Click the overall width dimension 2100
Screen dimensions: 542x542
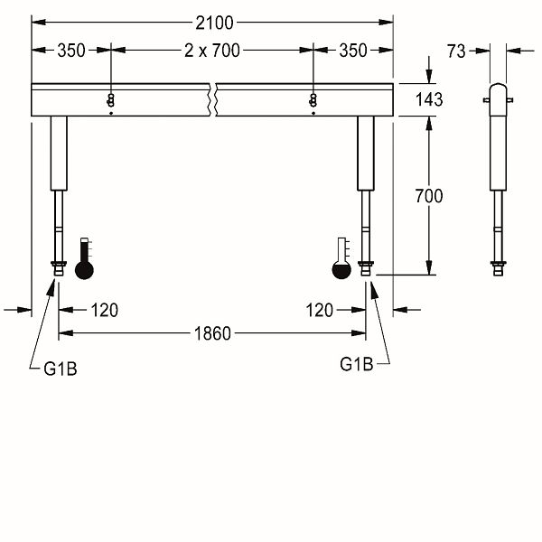tap(214, 23)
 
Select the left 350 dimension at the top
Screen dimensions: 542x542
tap(71, 51)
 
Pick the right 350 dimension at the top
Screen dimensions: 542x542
tap(353, 51)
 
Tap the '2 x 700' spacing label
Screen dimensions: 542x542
tap(212, 51)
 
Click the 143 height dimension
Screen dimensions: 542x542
tap(429, 99)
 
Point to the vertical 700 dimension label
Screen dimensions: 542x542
tap(429, 196)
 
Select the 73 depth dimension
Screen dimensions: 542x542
tap(456, 51)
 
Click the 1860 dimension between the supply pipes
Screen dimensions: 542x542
tap(212, 333)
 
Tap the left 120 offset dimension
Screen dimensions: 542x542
tap(105, 310)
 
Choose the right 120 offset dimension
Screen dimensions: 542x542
tap(320, 310)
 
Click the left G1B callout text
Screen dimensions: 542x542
tap(61, 369)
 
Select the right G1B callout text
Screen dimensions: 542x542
tap(357, 364)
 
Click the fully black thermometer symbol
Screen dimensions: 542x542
tap(84, 258)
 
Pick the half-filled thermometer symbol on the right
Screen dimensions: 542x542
tap(341, 258)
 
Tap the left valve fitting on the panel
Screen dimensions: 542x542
tap(110, 100)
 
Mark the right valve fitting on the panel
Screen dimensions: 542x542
tap(313, 100)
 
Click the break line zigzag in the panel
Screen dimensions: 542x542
tap(212, 99)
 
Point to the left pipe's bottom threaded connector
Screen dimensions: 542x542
tap(59, 268)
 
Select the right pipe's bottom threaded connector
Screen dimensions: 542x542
tap(366, 268)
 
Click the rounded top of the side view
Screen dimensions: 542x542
tap(498, 88)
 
